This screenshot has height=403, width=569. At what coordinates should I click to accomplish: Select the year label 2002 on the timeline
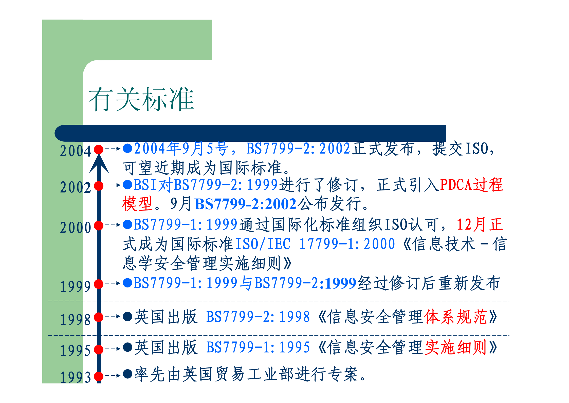[x=75, y=187]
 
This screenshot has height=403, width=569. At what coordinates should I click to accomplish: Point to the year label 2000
[x=75, y=227]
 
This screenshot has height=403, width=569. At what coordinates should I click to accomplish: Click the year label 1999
[x=75, y=286]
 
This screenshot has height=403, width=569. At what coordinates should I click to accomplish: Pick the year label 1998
[x=75, y=319]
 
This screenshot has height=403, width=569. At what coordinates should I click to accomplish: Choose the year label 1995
[x=75, y=351]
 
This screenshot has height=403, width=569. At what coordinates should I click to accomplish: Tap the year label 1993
[x=75, y=377]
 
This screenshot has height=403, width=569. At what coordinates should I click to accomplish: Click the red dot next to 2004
[x=99, y=149]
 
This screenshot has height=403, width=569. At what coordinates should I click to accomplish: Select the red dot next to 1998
[x=99, y=317]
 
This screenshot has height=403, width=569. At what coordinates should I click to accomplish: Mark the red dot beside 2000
[x=99, y=225]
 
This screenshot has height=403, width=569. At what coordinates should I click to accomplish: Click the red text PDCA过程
[x=471, y=185]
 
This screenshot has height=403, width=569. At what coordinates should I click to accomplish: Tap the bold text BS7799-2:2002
[x=245, y=204]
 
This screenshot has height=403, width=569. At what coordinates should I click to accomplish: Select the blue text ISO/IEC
[x=263, y=244]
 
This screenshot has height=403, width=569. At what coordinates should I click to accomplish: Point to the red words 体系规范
[x=456, y=317]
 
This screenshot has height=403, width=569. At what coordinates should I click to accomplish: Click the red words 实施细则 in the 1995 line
[x=456, y=347]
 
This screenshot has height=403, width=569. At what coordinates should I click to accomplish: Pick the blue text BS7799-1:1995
[x=258, y=347]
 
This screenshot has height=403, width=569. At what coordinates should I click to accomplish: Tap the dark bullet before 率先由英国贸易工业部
[x=127, y=374]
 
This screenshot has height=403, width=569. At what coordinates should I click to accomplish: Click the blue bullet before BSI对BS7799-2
[x=127, y=185]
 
